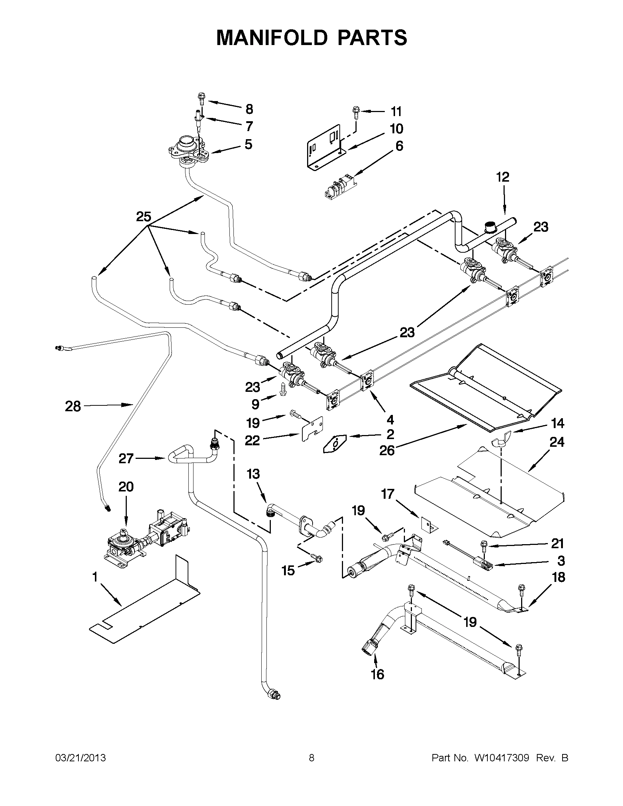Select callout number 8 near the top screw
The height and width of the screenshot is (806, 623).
click(x=249, y=109)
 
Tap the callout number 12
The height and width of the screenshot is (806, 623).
click(x=502, y=177)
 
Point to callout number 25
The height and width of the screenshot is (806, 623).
click(x=144, y=217)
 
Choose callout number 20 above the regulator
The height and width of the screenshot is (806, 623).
click(x=126, y=487)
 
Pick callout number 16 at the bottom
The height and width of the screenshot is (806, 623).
click(x=377, y=675)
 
